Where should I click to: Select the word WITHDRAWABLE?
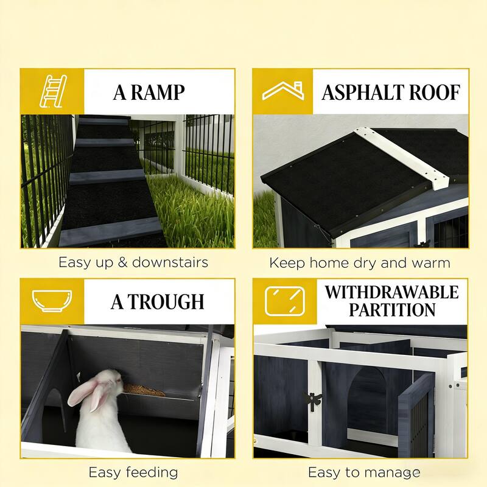pyautogui.click(x=391, y=292)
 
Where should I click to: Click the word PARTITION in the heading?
pyautogui.click(x=391, y=310)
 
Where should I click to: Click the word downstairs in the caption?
pyautogui.click(x=169, y=263)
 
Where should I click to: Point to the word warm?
pyautogui.click(x=430, y=263)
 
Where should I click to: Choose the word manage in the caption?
pyautogui.click(x=393, y=472)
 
